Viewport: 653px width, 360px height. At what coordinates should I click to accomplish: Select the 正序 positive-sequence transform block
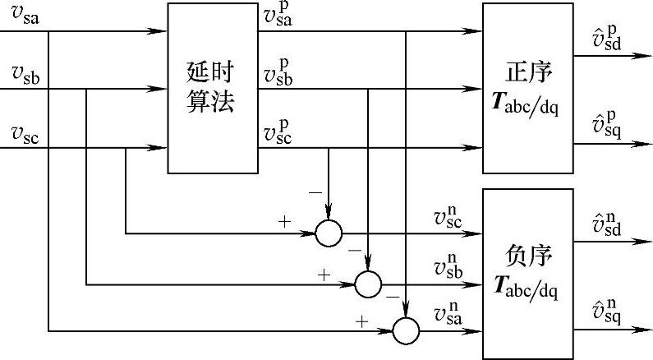tap(527, 88)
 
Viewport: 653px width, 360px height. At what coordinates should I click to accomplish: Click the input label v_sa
tap(24, 18)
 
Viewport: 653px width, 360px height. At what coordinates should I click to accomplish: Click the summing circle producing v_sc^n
tap(329, 233)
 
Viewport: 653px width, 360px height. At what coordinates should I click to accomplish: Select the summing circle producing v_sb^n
tap(368, 284)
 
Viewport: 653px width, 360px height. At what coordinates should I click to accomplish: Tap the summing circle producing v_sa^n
tap(406, 330)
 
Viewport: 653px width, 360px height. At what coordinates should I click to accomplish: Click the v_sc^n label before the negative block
tap(451, 217)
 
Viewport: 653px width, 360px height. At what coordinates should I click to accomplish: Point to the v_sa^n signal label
tap(451, 315)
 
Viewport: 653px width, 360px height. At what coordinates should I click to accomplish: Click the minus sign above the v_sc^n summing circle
tap(314, 192)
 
